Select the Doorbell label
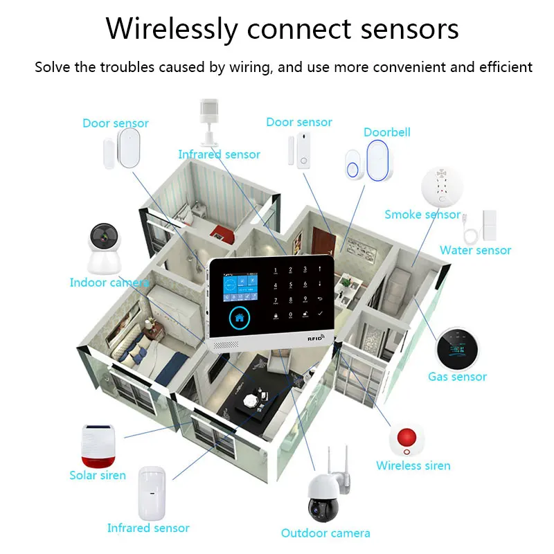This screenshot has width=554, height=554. click(387, 132)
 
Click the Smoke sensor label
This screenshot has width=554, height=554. click(422, 215)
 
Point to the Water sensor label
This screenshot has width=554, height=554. click(476, 251)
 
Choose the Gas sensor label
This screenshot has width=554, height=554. click(457, 377)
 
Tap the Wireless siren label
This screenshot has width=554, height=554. click(413, 465)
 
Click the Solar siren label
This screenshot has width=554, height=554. click(98, 475)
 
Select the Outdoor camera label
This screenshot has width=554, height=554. click(325, 533)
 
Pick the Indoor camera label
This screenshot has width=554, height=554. click(109, 283)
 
